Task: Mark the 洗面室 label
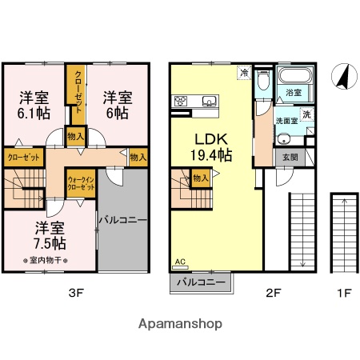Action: pos(286,120)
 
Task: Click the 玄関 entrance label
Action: pos(290,158)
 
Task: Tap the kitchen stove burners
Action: pos(181,101)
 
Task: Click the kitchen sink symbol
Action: pos(210,101)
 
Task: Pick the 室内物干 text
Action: pos(47,260)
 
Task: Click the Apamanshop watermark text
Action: pos(181,324)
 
